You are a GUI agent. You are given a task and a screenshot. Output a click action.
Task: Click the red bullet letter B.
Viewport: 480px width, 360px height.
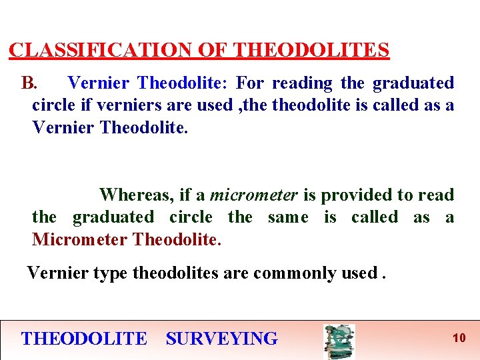[x=30, y=83]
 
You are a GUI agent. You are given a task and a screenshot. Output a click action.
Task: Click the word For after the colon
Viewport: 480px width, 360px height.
[x=250, y=83]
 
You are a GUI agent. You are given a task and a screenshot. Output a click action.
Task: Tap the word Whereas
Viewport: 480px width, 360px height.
[x=137, y=195]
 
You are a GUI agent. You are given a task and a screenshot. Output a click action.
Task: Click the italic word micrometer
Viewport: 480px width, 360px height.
[x=253, y=195]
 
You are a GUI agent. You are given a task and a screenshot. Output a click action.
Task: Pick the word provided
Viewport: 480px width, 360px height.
[x=356, y=195]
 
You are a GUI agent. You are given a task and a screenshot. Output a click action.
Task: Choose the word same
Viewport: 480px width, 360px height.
[x=288, y=217]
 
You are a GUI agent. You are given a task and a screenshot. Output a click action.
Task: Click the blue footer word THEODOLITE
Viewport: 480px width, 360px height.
[x=84, y=339]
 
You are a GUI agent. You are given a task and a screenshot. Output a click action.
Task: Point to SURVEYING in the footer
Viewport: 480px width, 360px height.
[x=222, y=339]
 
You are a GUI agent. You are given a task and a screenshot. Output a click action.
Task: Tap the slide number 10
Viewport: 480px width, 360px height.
[x=459, y=338]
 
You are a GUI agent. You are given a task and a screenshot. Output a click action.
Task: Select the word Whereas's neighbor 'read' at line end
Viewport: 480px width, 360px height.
[x=436, y=195]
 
